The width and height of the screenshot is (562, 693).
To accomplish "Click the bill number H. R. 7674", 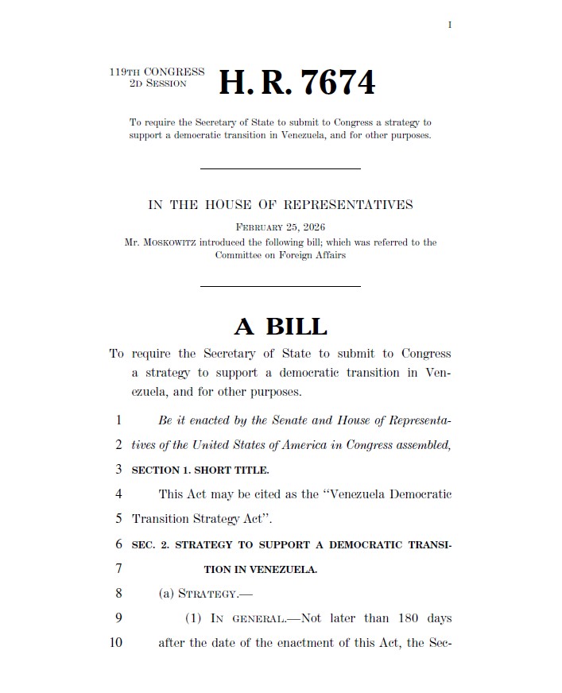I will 297,83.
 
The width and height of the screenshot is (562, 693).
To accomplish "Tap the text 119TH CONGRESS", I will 157,72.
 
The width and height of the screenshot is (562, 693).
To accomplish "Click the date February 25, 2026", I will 281,227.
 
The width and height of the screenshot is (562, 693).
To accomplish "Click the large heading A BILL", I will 281,327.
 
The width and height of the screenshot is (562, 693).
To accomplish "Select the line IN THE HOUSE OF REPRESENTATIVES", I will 281,205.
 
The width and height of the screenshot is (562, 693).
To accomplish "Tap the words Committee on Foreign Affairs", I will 281,255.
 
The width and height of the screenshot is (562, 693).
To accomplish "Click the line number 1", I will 118,420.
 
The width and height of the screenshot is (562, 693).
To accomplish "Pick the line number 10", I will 116,642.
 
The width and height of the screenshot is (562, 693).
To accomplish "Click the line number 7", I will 118,568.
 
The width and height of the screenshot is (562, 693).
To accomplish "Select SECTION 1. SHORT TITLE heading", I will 200,470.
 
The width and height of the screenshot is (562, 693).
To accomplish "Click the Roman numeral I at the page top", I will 450,25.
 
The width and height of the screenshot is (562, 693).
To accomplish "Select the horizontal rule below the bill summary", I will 280,168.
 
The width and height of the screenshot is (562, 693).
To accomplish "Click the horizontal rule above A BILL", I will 280,286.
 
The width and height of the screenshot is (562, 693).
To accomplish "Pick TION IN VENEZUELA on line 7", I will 260,569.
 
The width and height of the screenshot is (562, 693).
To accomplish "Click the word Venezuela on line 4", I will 359,494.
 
